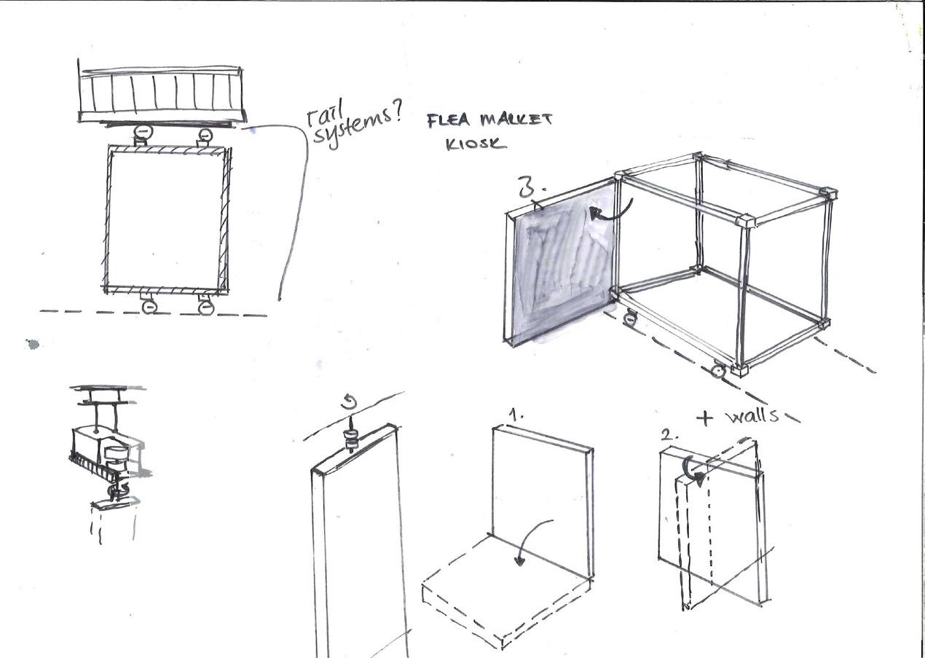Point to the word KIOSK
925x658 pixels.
(x=476, y=144)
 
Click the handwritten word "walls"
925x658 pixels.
(x=752, y=416)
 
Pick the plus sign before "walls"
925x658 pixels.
(x=704, y=418)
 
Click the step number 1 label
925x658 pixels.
(x=516, y=415)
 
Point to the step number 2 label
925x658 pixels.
(x=666, y=435)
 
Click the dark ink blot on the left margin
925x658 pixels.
(x=33, y=344)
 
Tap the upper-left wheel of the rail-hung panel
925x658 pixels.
(x=143, y=133)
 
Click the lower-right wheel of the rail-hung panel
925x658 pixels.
(x=206, y=307)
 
